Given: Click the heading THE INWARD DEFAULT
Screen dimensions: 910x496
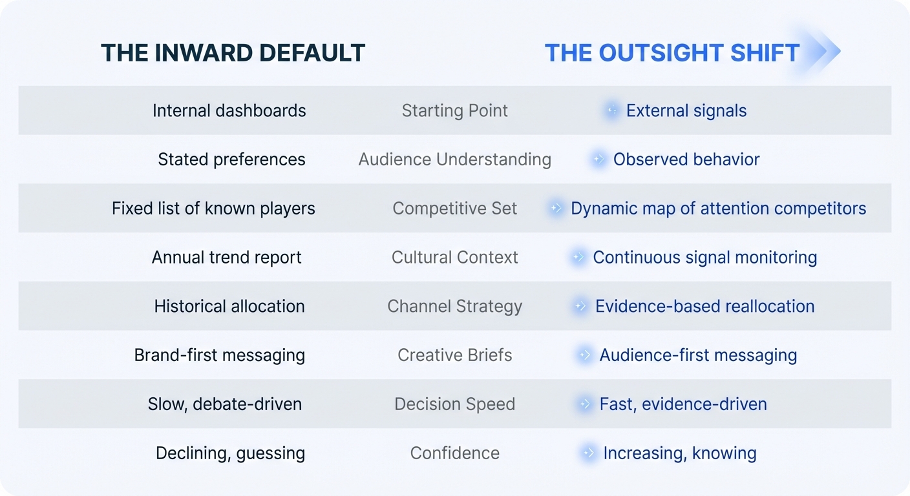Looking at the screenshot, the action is [233, 53].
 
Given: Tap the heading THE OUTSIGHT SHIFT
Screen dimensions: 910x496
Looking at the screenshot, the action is [672, 53].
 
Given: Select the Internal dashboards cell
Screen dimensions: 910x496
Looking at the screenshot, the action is [229, 110].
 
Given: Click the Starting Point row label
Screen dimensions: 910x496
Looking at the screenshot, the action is [454, 110].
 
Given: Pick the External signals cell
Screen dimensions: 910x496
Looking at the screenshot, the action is [686, 110].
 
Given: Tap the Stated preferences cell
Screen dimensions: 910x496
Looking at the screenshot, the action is [231, 159].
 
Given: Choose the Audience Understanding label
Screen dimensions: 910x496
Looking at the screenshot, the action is [454, 159].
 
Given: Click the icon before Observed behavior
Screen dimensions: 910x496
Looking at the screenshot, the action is [598, 159].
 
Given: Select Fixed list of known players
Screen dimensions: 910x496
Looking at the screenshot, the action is [213, 208].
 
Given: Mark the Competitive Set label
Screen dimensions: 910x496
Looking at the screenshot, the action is [454, 208].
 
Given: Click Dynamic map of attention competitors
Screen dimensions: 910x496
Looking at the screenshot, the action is [718, 208].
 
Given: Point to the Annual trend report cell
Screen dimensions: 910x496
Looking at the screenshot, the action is [227, 257].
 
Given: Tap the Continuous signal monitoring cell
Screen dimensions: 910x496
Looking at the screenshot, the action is [705, 257].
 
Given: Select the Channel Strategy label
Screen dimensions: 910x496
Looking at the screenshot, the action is [454, 306].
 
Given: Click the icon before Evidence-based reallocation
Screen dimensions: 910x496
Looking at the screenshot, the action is [580, 305].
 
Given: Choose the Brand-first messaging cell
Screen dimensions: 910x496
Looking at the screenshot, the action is [219, 355].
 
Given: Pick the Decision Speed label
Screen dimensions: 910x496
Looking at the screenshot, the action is [454, 404].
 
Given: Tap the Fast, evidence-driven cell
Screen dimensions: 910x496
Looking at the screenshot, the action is [683, 404].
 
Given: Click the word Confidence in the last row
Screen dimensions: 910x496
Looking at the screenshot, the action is [454, 453].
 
